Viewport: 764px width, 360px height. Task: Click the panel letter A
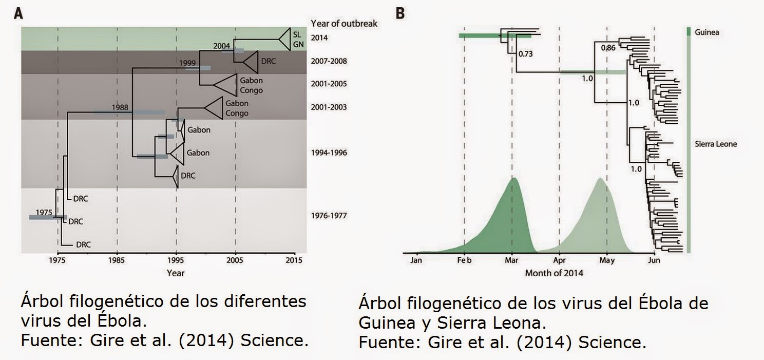click(x=18, y=14)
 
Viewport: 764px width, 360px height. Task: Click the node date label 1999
click(x=188, y=62)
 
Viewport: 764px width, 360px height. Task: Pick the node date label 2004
click(x=222, y=46)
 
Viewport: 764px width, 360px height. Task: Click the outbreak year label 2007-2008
click(x=329, y=61)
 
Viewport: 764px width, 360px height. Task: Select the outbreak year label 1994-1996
click(x=329, y=153)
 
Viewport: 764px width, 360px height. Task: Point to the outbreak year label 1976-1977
click(x=329, y=215)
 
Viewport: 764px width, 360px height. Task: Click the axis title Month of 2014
click(x=554, y=273)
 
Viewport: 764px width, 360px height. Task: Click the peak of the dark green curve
click(x=512, y=178)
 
